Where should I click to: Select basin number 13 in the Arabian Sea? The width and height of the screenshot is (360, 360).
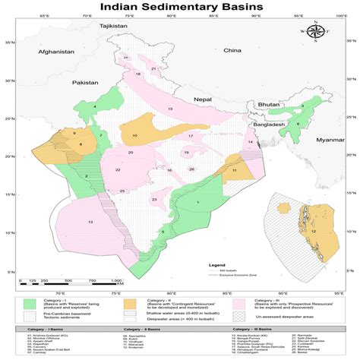(90, 221)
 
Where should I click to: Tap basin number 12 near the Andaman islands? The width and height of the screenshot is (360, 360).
(312, 231)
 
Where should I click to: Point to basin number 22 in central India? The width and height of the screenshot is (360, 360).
(118, 170)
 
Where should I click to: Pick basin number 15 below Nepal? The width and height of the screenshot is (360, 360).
(170, 110)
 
